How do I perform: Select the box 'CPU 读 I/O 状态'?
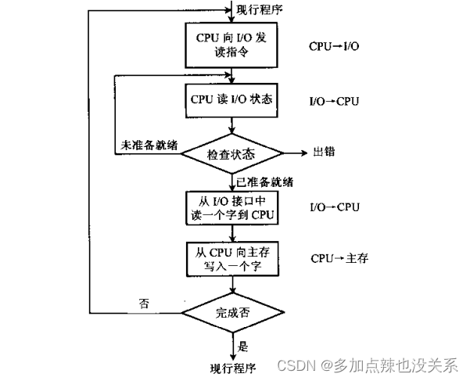coord(231,100)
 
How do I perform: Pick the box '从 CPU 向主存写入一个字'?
coord(231,257)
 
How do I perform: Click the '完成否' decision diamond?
coord(231,312)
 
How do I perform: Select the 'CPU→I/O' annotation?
coord(334,47)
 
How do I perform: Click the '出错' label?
coord(324,152)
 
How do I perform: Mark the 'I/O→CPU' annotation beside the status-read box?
coord(334,101)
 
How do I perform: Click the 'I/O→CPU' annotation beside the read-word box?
coord(334,207)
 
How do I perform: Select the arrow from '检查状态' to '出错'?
coord(293,153)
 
